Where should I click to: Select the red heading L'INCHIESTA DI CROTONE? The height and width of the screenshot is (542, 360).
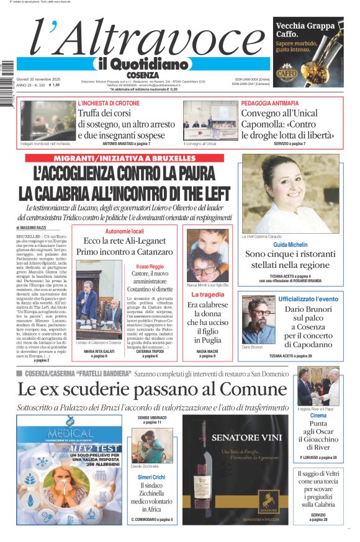coord(109,103)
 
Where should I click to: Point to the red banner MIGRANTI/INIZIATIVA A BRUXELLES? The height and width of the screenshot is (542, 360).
coord(124,158)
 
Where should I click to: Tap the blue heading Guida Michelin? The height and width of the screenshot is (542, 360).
coord(290,245)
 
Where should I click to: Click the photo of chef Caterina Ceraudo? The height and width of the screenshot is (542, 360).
coord(290,193)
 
